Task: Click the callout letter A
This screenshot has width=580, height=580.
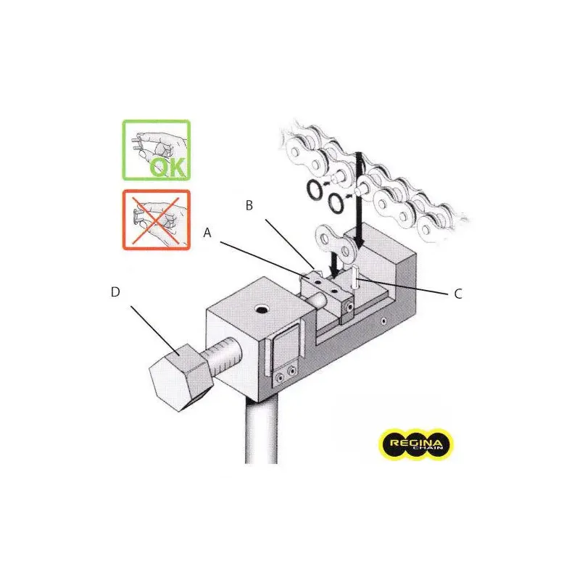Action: pyautogui.click(x=207, y=233)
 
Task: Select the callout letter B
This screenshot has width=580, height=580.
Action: pyautogui.click(x=249, y=206)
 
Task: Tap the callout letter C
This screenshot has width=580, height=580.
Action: pyautogui.click(x=458, y=294)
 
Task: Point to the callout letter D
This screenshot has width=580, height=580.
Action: pyautogui.click(x=115, y=292)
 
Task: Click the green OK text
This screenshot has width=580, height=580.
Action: pyautogui.click(x=168, y=167)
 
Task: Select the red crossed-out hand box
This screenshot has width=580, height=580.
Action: pyautogui.click(x=157, y=220)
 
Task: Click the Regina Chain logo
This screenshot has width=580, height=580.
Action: pyautogui.click(x=415, y=444)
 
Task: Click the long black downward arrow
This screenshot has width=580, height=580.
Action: pyautogui.click(x=359, y=200)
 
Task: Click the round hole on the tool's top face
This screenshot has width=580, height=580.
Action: pyautogui.click(x=263, y=309)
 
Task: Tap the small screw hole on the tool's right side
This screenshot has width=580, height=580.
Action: pyautogui.click(x=384, y=320)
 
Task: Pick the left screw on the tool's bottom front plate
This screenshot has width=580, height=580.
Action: pyautogui.click(x=281, y=377)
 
